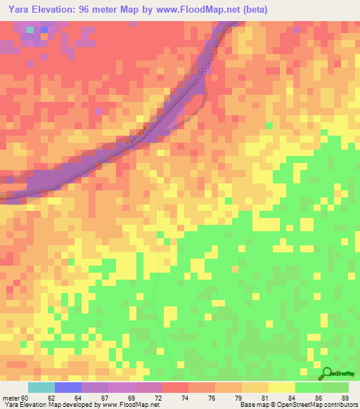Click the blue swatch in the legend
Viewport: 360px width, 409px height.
tap(68, 387)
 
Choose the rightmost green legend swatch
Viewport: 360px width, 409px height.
tap(335, 387)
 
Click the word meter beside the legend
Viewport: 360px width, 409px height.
tap(10, 398)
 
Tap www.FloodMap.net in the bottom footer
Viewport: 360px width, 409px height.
tap(127, 405)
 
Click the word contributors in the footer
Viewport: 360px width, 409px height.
tap(341, 405)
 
